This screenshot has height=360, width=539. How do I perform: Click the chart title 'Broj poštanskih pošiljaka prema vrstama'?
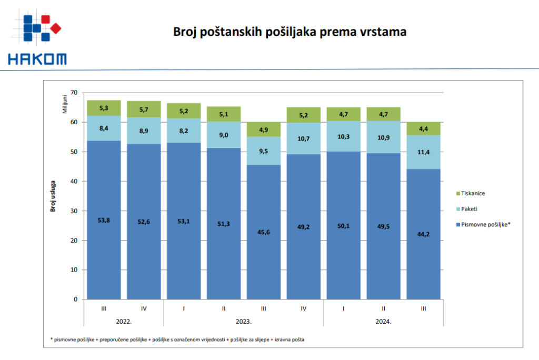290,32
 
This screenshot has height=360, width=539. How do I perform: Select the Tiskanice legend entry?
473,193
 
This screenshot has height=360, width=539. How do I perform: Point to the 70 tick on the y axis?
73,93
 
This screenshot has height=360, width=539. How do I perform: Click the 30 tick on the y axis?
73,211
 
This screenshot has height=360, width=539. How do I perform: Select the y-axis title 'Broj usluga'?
53,195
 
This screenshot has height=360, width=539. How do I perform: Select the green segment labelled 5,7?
144,109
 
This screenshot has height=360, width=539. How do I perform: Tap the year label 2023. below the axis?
244,321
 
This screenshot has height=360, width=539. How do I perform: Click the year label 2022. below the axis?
124,321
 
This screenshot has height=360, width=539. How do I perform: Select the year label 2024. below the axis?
384,321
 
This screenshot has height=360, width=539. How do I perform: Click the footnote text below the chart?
177,339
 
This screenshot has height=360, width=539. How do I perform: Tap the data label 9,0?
224,135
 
